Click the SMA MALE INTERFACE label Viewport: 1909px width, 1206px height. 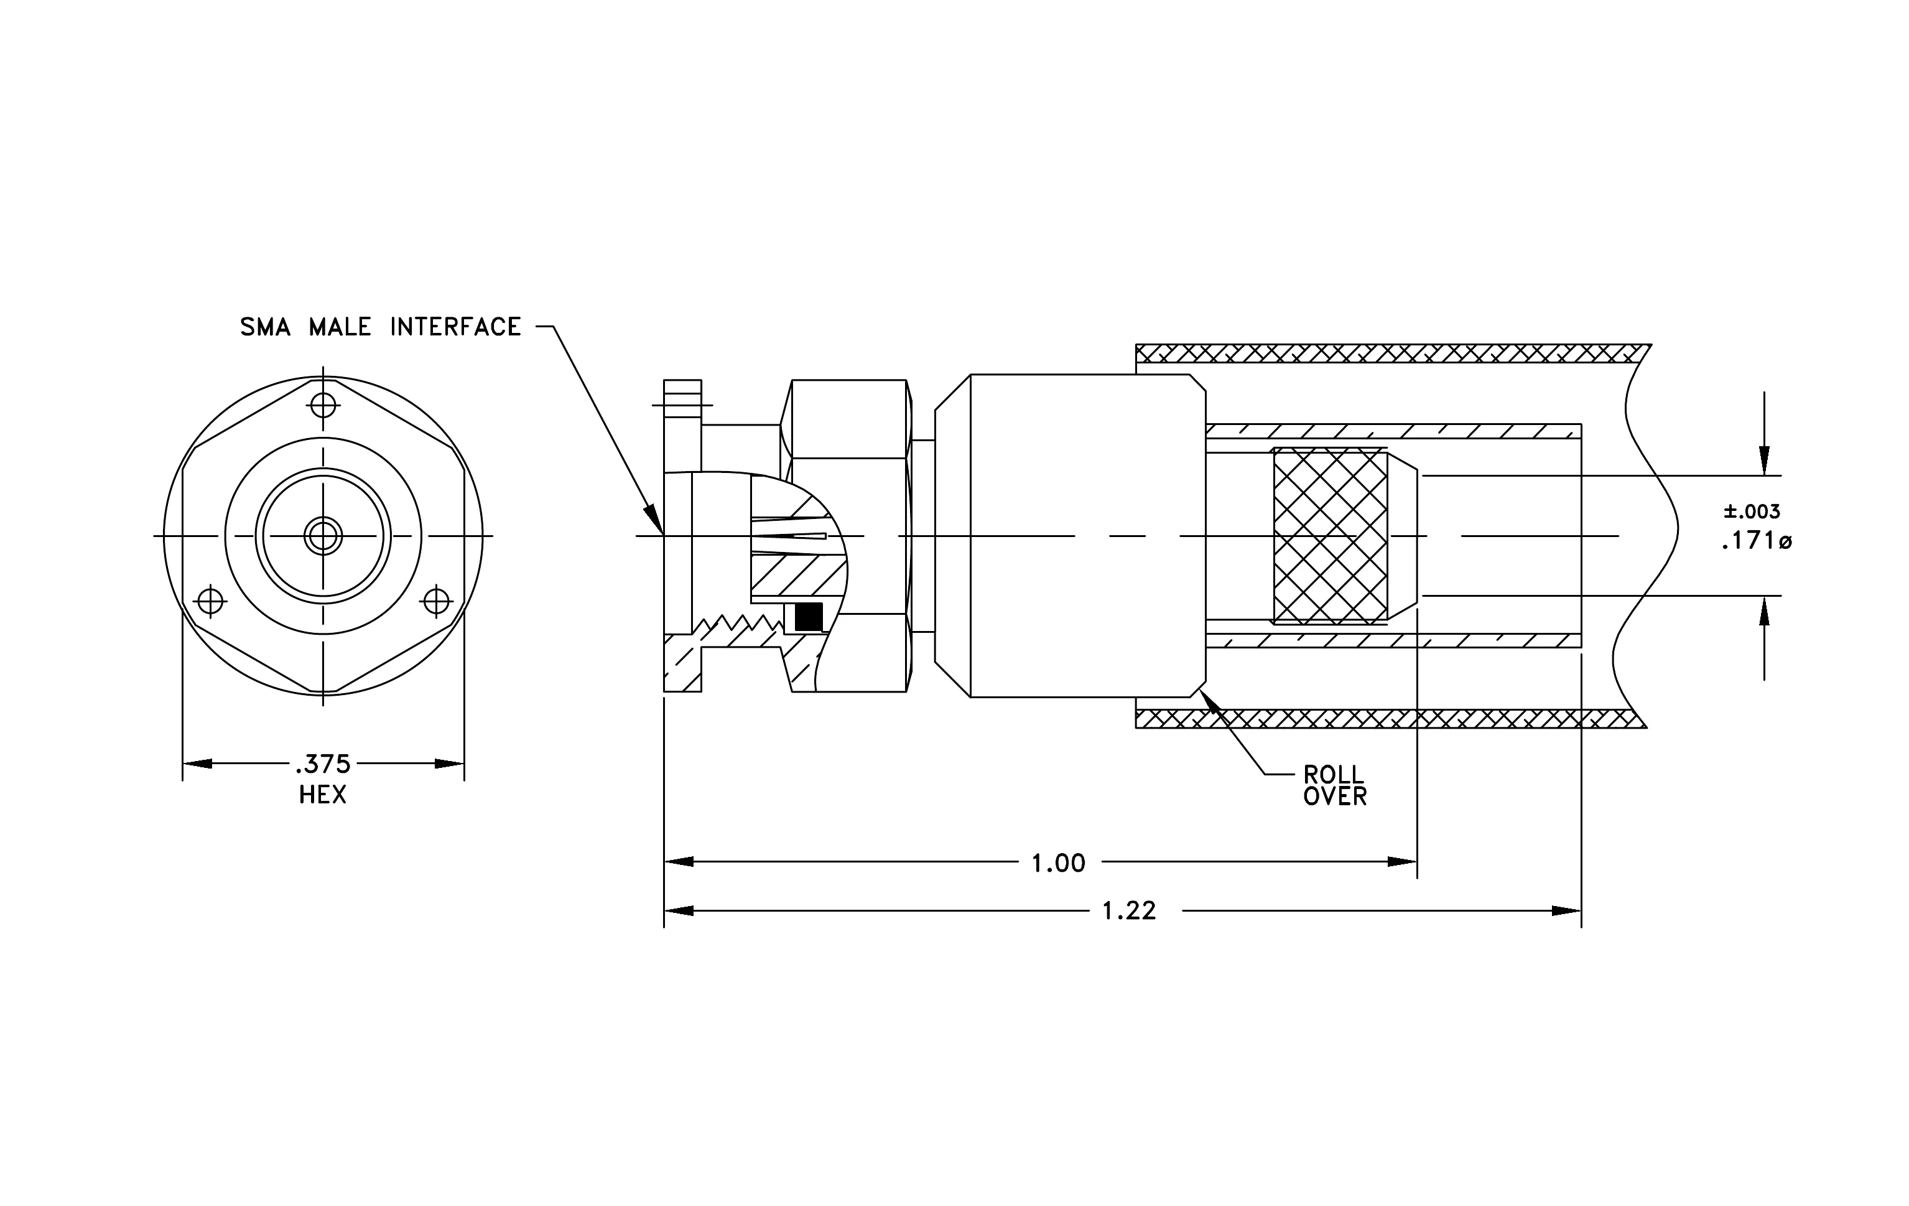coord(381,327)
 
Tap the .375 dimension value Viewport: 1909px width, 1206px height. coord(323,764)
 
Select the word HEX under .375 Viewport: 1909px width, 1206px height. coord(323,795)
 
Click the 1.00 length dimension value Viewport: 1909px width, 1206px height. coord(1058,862)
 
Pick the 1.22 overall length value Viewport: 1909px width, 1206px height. coord(1130,911)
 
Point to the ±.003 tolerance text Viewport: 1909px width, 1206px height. coord(1752,512)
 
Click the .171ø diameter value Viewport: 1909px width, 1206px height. coord(1756,541)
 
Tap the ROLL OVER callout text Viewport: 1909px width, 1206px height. coord(1335,785)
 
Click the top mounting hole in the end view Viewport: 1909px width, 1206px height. coord(323,405)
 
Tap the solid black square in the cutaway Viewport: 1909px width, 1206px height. coord(809,617)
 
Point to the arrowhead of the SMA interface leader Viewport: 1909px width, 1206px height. coord(655,520)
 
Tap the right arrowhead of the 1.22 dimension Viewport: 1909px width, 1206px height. coord(1566,911)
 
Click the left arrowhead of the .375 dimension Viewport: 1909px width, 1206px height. coord(197,764)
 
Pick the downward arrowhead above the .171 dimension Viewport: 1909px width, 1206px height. coord(1764,460)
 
